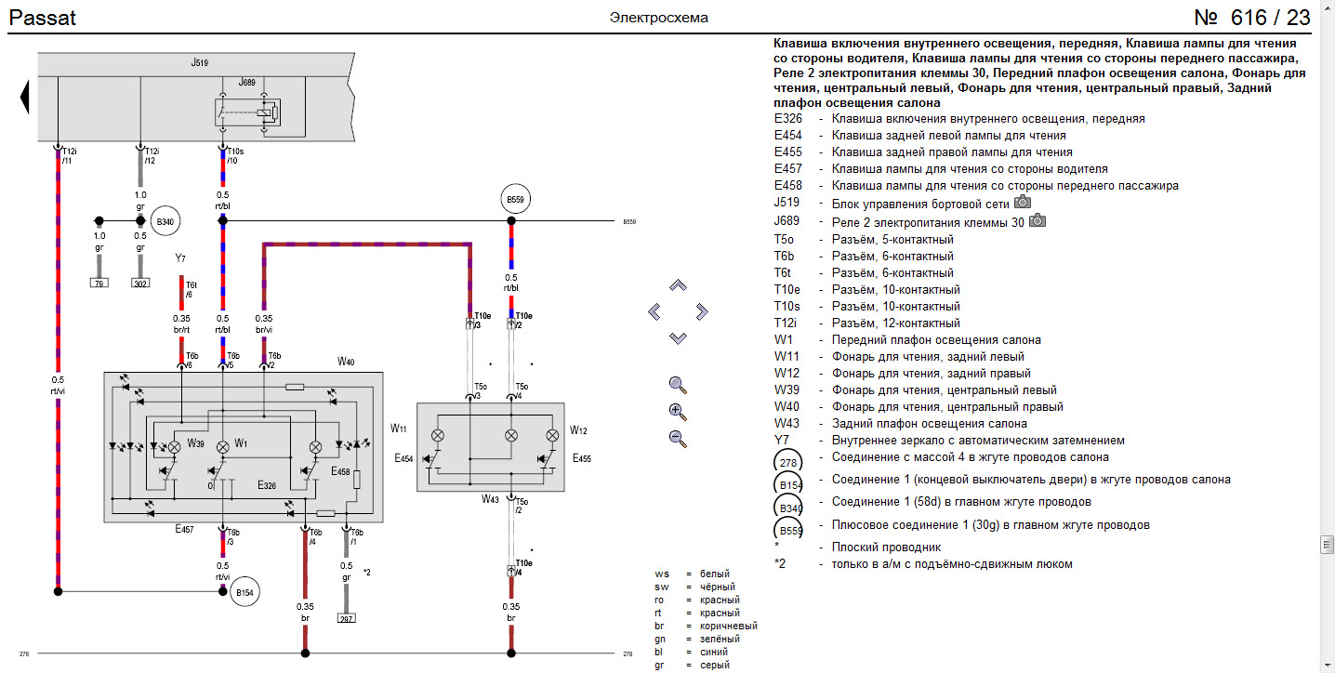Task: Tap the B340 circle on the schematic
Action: click(x=165, y=221)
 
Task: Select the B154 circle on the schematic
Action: click(x=245, y=591)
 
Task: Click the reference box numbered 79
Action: click(x=98, y=283)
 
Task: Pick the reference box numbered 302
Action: click(x=140, y=283)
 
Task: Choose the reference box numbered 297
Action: click(x=346, y=616)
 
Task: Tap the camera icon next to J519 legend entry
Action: click(x=1023, y=202)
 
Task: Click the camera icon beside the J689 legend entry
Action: click(x=1038, y=220)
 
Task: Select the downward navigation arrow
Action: click(x=678, y=337)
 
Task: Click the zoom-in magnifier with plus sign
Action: click(x=678, y=412)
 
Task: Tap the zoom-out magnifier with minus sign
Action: click(x=678, y=440)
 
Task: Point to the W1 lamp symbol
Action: click(x=222, y=447)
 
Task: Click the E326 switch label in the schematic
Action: click(x=267, y=485)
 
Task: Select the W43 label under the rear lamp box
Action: click(x=490, y=499)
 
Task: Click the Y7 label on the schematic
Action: click(x=180, y=257)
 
